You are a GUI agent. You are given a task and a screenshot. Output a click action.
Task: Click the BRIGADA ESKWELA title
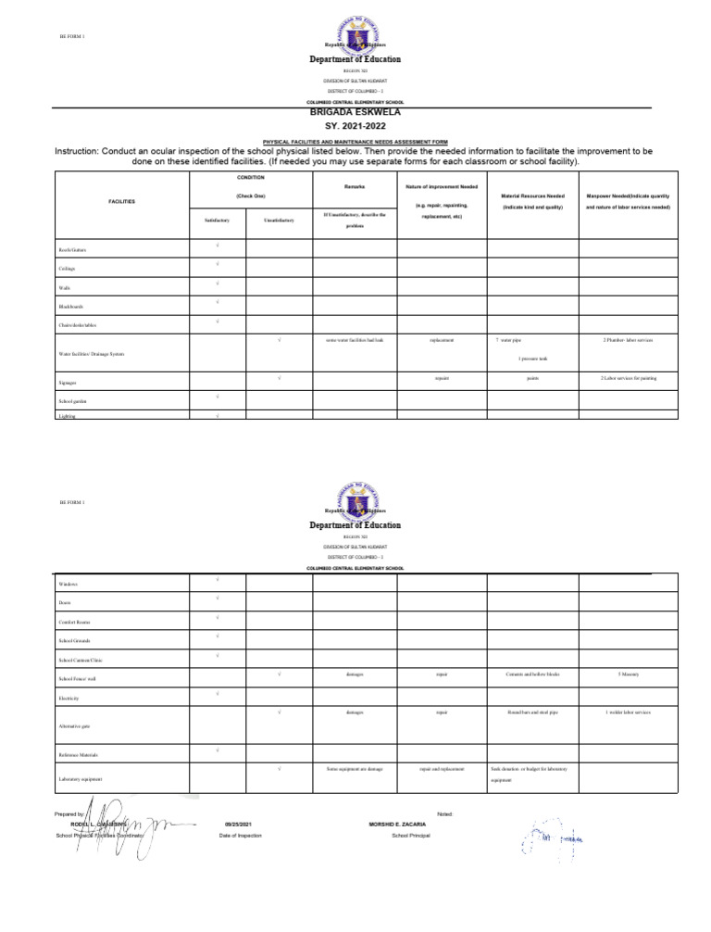click(x=355, y=109)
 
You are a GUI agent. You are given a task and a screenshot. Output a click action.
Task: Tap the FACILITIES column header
click(x=122, y=201)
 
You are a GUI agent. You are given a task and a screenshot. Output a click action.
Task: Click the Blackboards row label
click(x=70, y=307)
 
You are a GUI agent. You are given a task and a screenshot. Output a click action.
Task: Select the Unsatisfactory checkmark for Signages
click(x=279, y=378)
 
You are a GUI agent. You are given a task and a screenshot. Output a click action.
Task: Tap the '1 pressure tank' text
click(x=532, y=358)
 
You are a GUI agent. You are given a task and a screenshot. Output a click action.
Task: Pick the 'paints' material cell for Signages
click(x=532, y=378)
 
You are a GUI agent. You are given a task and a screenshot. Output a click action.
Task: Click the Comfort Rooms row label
click(x=74, y=622)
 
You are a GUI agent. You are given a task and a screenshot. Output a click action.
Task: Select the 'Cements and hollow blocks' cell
click(x=532, y=674)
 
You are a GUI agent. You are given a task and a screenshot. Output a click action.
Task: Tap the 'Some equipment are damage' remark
click(x=355, y=769)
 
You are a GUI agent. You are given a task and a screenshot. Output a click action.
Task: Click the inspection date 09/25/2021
click(x=239, y=823)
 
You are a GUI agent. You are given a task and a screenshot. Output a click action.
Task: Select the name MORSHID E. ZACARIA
click(x=397, y=823)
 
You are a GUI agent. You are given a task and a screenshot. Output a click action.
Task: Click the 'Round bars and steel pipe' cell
click(x=532, y=712)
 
